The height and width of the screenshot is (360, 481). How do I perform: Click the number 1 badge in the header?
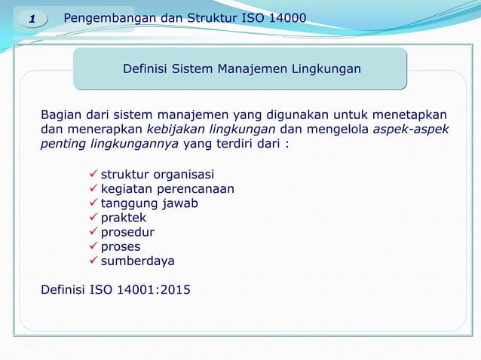[32, 17]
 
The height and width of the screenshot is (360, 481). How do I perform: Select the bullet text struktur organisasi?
[158, 175]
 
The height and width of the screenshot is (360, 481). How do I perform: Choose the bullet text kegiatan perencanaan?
[167, 189]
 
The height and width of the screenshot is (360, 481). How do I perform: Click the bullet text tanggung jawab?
[150, 203]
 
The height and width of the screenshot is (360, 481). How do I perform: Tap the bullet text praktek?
[124, 218]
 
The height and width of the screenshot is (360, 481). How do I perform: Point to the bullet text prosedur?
[127, 232]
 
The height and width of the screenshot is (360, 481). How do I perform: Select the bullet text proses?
[121, 246]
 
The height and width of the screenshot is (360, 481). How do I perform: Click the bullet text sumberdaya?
[137, 261]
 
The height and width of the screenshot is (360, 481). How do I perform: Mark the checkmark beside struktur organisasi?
[93, 175]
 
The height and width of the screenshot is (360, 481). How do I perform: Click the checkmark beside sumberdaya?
[93, 261]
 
